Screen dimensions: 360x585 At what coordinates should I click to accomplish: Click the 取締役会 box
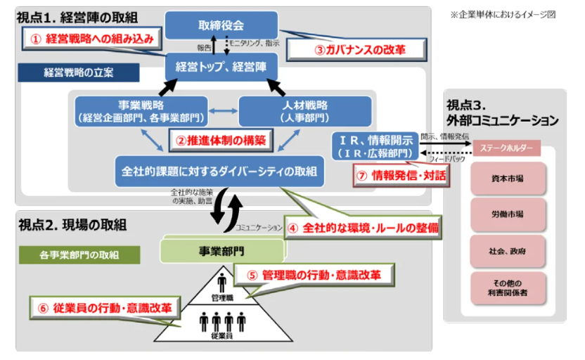(x=221, y=25)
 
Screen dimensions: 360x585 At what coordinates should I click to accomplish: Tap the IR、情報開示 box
(x=375, y=146)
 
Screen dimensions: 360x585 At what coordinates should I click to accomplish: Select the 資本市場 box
(x=507, y=179)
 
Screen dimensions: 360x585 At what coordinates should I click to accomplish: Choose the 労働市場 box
(x=507, y=214)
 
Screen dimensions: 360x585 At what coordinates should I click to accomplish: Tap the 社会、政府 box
(x=507, y=250)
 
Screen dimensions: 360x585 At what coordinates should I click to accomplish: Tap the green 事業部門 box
(x=219, y=250)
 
